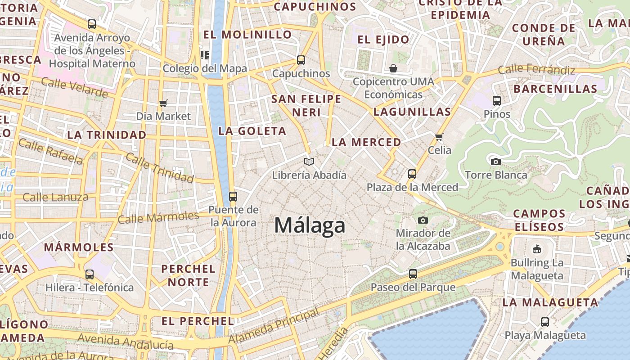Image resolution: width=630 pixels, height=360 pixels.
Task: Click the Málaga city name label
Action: click(x=310, y=225)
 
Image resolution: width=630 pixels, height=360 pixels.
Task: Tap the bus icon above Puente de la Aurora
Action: click(x=233, y=197)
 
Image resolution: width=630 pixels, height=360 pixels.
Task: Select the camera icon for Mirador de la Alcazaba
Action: click(x=423, y=220)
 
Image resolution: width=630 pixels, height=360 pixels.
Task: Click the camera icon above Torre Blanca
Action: click(x=495, y=162)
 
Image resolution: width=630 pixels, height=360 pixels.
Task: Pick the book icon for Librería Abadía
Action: click(x=309, y=162)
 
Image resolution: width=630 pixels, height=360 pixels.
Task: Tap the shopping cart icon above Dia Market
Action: click(x=163, y=103)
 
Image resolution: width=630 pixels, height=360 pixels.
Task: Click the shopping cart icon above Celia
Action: click(x=439, y=137)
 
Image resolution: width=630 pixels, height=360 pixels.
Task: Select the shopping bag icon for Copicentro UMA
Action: click(x=393, y=68)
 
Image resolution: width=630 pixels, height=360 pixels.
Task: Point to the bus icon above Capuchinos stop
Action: click(x=301, y=60)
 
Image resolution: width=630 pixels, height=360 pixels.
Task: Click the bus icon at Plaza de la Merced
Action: click(x=412, y=174)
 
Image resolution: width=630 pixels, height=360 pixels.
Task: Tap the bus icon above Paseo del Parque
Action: click(x=413, y=274)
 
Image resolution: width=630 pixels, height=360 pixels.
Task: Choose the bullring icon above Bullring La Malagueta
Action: click(x=536, y=249)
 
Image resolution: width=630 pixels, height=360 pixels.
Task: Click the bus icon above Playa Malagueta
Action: click(x=545, y=322)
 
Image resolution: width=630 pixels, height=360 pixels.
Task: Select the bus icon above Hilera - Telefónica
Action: click(x=90, y=274)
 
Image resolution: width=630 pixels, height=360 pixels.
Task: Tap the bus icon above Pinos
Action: click(x=497, y=101)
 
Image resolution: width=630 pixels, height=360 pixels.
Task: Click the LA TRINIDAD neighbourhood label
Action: click(x=107, y=135)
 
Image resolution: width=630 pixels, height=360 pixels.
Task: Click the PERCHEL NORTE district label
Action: click(x=188, y=275)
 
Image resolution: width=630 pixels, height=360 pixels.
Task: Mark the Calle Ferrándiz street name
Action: click(x=536, y=70)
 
